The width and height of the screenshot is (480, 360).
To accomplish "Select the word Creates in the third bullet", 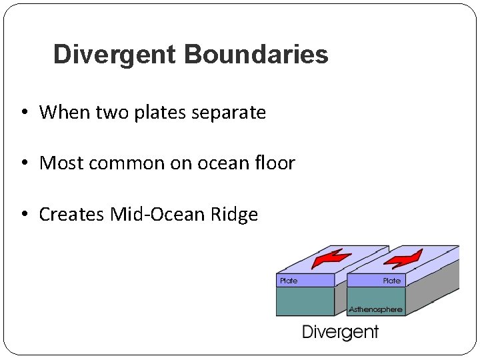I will (x=71, y=214).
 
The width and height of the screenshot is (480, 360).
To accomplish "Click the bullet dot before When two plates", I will (x=24, y=113).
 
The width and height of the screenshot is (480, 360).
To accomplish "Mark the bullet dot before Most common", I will (x=24, y=163).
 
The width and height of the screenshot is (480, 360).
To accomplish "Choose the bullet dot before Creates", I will (x=24, y=215).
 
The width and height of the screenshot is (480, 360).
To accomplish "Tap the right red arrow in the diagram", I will (x=403, y=257).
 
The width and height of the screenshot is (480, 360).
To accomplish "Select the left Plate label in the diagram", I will (x=289, y=281).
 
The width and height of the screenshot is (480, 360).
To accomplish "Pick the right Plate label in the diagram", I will (x=392, y=281).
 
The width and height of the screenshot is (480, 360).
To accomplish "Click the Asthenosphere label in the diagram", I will (x=376, y=309).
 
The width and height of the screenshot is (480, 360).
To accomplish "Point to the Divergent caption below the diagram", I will (x=340, y=332).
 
